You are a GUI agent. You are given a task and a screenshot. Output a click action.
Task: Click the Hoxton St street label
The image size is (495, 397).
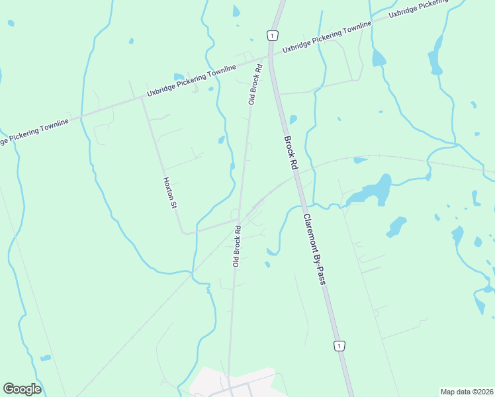point(171,193)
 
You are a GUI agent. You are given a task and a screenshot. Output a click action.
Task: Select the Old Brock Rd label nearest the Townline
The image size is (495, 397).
point(255,85)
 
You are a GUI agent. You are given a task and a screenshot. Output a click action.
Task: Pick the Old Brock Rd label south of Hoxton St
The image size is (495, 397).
point(236,247)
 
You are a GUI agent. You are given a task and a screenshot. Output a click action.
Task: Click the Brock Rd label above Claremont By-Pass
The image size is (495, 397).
point(291,154)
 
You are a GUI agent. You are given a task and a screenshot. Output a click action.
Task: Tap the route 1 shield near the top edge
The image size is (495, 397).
point(271,34)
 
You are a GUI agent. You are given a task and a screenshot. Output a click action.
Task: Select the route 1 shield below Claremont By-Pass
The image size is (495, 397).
point(339,345)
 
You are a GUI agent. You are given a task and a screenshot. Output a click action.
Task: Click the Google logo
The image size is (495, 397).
point(22,389)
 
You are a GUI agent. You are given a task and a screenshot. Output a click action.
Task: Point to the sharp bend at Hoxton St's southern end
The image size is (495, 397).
point(185,232)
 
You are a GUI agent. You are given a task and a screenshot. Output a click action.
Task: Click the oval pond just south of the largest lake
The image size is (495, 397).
point(396,227)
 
